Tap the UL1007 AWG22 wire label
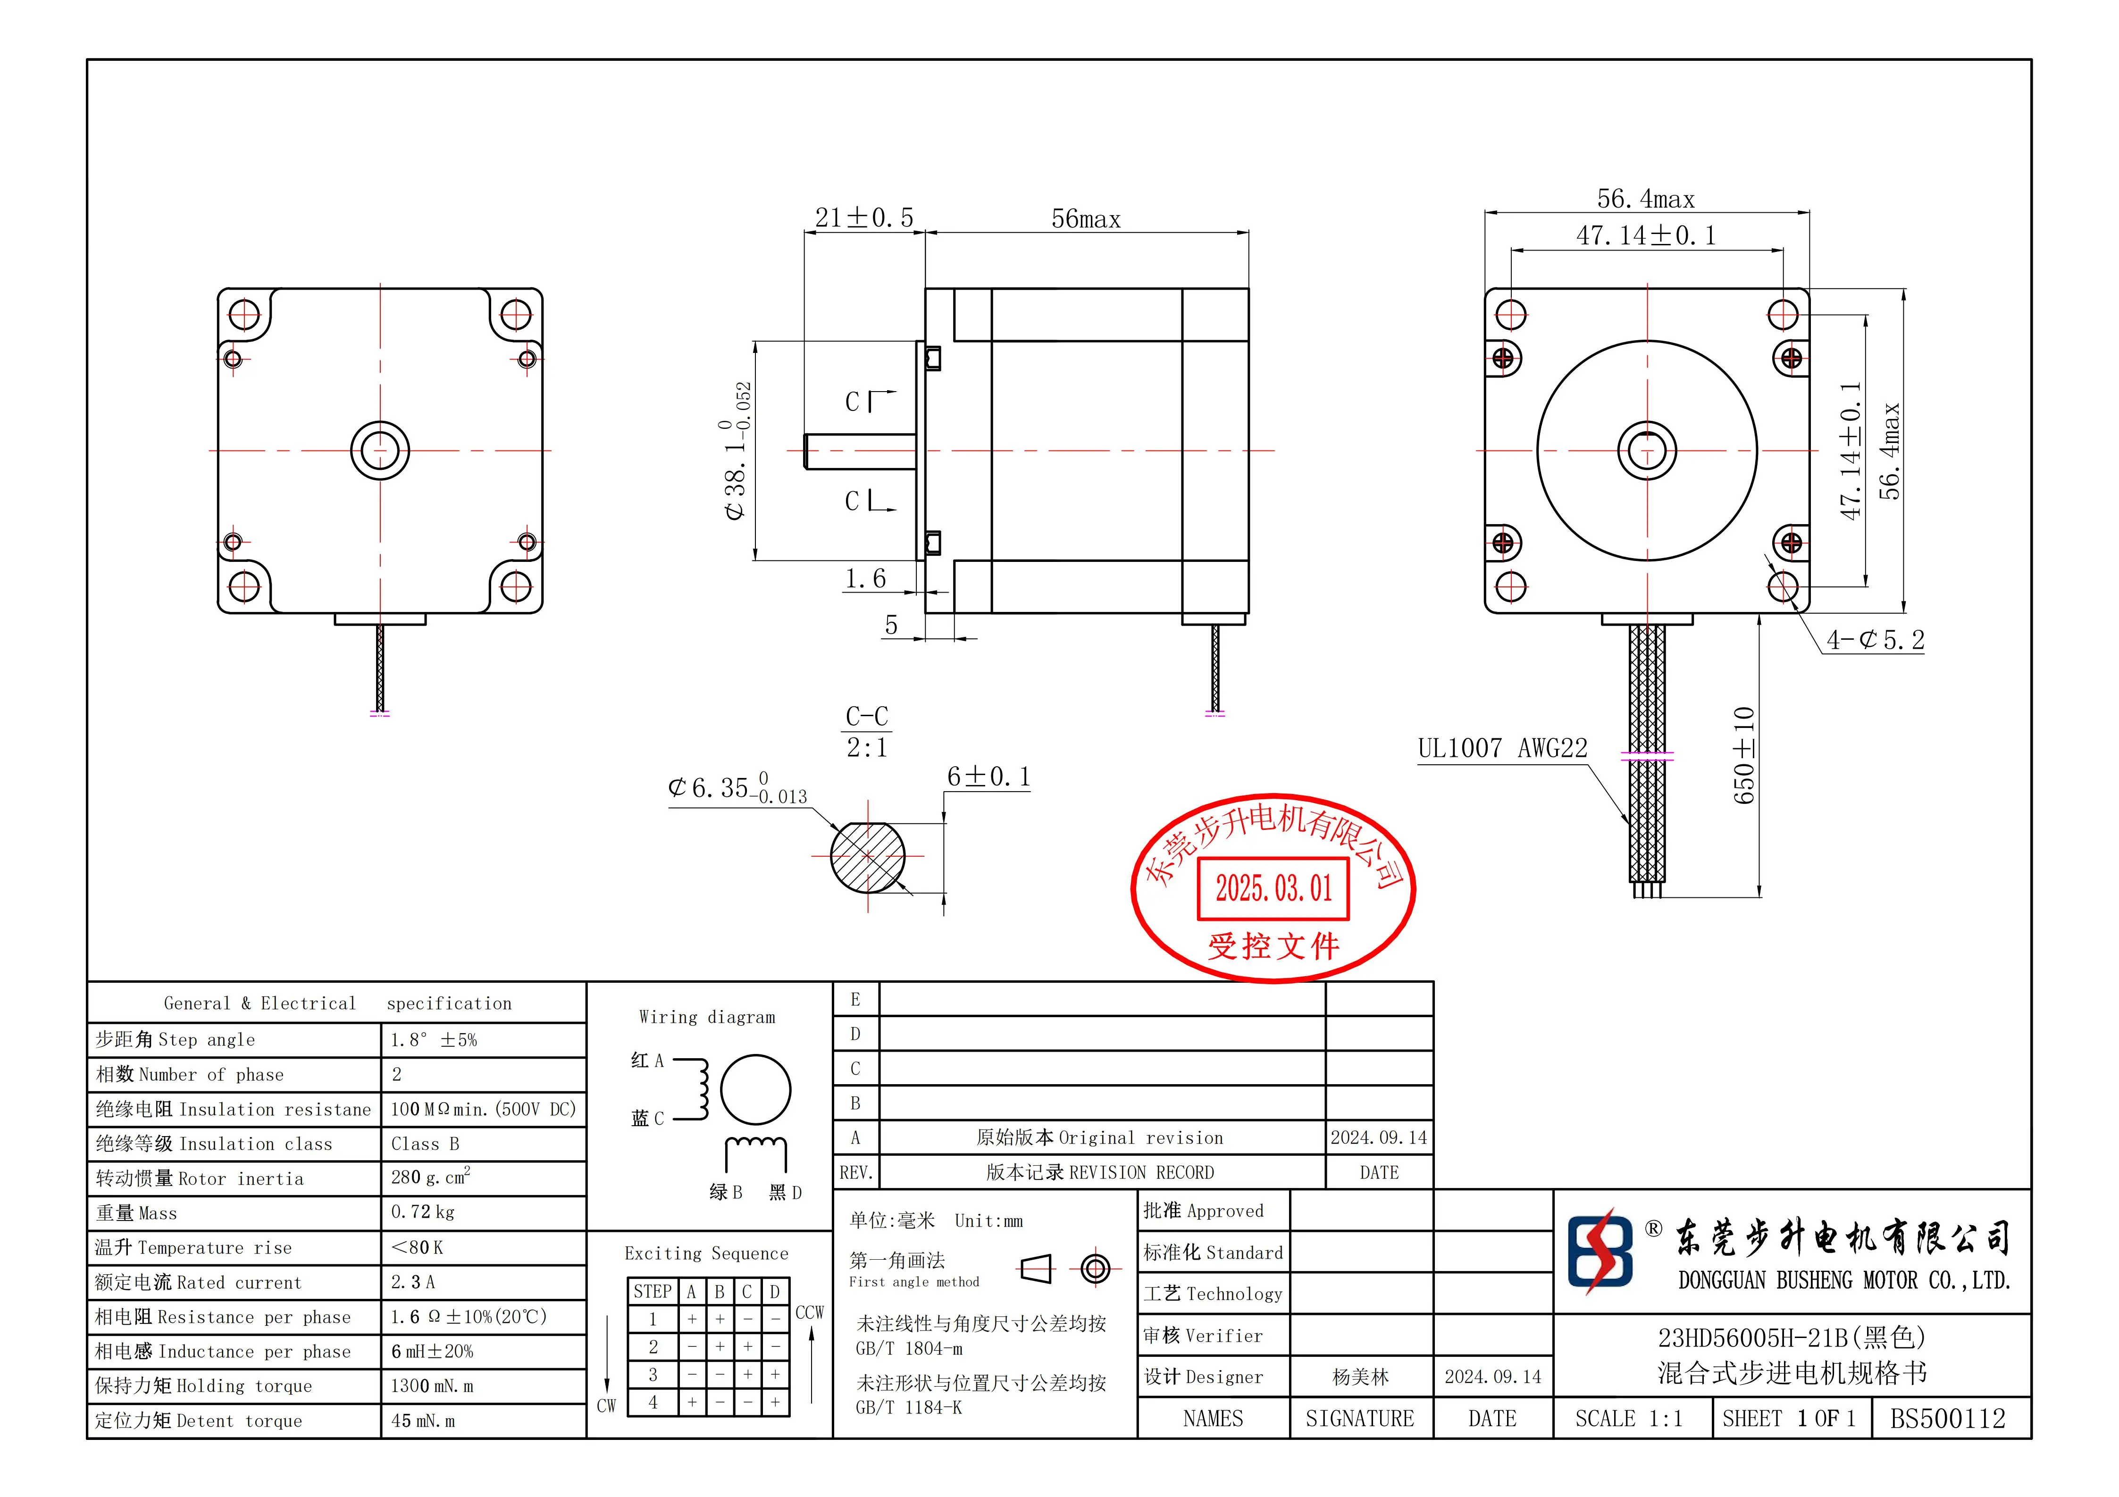tap(1502, 748)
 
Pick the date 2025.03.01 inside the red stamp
tap(1273, 889)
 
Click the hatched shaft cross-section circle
tap(868, 857)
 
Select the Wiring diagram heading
tap(707, 1017)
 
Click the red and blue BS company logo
tap(1600, 1253)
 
